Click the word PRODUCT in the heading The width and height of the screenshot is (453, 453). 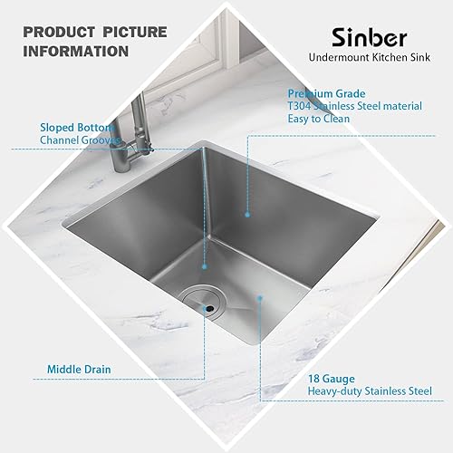[55, 32]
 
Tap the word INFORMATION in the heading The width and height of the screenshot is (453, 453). [76, 51]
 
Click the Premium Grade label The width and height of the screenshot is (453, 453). [326, 93]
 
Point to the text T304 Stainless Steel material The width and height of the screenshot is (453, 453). [354, 106]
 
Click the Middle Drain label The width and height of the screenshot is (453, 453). [80, 370]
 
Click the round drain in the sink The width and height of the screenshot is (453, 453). [198, 302]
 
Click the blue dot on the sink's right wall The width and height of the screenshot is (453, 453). [246, 214]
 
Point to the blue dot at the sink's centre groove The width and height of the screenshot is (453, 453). [205, 268]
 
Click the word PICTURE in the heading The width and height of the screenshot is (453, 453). [132, 32]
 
